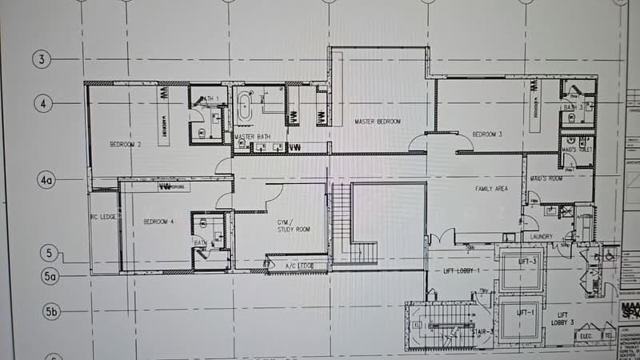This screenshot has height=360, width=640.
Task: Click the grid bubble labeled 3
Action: pos(41,58)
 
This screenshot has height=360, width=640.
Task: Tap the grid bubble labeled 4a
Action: pos(46,181)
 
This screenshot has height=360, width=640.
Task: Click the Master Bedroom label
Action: pos(378,121)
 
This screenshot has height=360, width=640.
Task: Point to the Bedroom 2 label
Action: pos(126,144)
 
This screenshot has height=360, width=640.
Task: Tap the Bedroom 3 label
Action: pos(486,134)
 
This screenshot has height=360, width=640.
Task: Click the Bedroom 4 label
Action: pos(158,221)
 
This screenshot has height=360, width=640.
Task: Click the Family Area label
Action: pos(492,189)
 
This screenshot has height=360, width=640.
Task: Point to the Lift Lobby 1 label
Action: pos(460,272)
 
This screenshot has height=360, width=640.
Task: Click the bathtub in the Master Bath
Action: pos(244,108)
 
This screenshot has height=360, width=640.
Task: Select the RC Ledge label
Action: pos(104,217)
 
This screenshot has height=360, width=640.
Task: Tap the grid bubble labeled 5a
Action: pos(51,277)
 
